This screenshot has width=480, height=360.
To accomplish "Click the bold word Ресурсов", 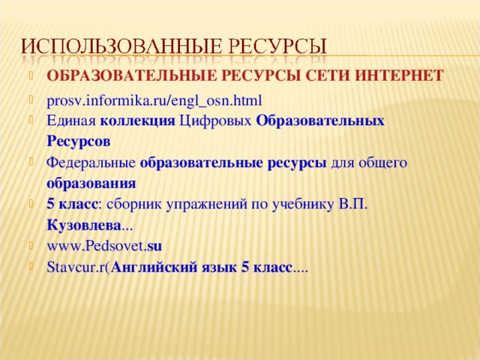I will pyautogui.click(x=78, y=141).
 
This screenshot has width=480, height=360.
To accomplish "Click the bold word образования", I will pyautogui.click(x=91, y=182).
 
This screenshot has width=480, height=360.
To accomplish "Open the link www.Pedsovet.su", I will pyautogui.click(x=104, y=245).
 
